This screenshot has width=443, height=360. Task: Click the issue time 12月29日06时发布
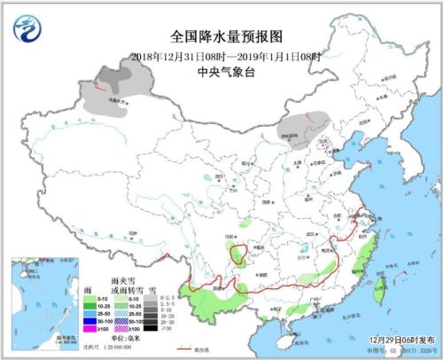(398, 340)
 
